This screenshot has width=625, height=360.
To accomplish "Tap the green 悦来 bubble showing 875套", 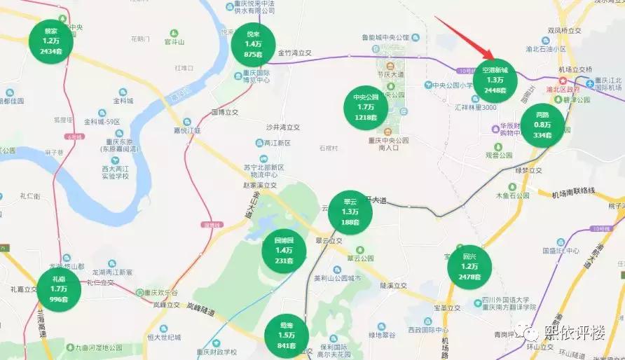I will point(254,44).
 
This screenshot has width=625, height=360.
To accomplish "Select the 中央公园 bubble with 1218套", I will point(366,107).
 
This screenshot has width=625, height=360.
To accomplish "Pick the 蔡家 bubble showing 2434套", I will point(51,41).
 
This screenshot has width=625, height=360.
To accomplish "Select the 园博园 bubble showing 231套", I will point(284,250).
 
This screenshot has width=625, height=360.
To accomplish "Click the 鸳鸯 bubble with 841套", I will point(287,335).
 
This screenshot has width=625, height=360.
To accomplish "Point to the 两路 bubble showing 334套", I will point(542,125).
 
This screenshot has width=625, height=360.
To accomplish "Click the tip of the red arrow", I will point(490,59).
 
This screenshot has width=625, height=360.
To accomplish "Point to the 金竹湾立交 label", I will point(294,52).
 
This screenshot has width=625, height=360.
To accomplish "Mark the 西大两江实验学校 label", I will point(113,172).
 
